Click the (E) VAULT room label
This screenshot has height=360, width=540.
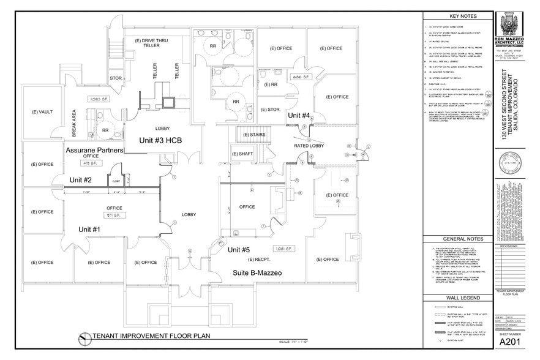point(43,111)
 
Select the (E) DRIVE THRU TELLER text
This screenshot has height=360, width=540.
point(151,43)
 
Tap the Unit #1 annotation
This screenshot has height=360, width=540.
point(89,229)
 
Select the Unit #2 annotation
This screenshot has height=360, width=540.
point(80,179)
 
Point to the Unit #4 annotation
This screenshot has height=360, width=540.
point(299,115)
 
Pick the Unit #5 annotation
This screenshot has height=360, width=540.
point(239,250)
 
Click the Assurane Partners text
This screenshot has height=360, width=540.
point(94,150)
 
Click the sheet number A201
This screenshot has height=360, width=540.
point(512,342)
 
